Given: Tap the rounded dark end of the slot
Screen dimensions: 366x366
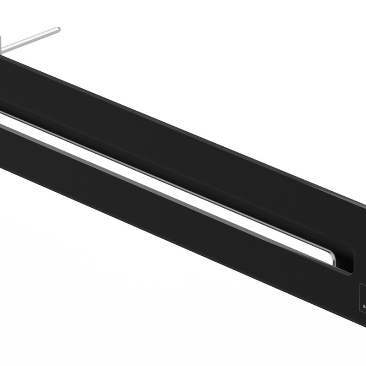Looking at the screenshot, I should (x=351, y=261).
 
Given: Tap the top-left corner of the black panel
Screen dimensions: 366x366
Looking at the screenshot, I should (x=2, y=54).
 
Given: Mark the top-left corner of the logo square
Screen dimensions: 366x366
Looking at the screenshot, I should (x=360, y=285).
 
